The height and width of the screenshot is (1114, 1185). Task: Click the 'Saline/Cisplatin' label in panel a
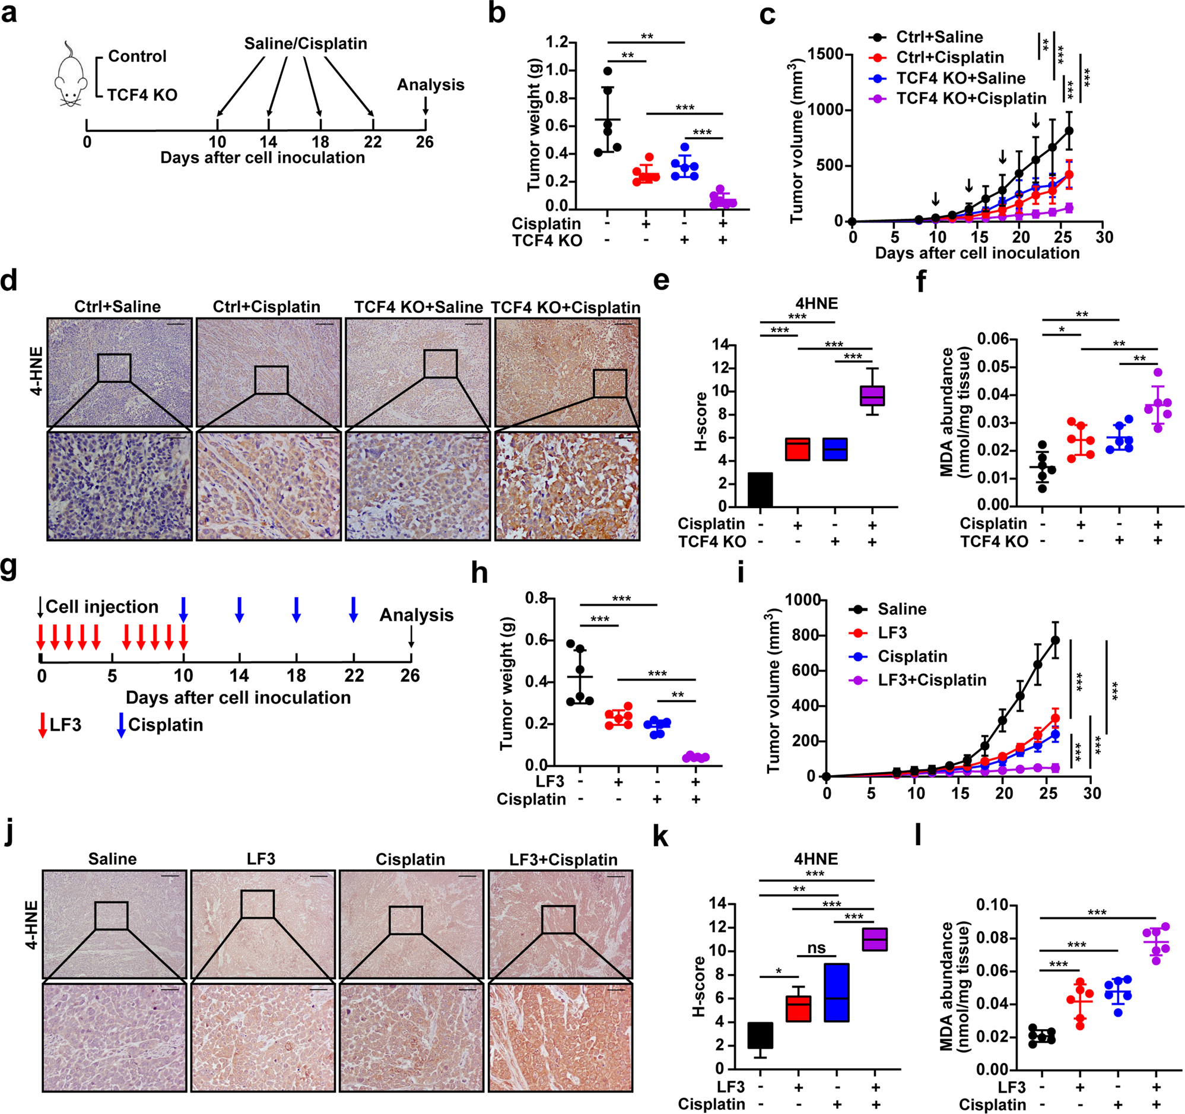[x=305, y=43]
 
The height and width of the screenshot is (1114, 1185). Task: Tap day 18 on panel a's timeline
[x=320, y=142]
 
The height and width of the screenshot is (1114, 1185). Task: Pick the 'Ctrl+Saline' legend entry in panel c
[x=939, y=37]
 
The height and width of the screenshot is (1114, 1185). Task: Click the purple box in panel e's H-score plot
[x=872, y=396]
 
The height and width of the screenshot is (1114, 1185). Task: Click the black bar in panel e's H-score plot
[x=760, y=490]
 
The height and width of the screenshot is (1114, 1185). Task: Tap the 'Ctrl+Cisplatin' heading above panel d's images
[x=266, y=306]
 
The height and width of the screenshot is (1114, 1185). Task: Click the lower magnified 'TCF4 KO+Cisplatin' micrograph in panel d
[x=567, y=486]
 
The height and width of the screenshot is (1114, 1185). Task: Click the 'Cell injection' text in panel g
[x=102, y=607]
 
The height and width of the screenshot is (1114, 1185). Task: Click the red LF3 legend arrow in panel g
[x=42, y=725]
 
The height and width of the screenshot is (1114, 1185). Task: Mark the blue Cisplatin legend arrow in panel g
[x=121, y=725]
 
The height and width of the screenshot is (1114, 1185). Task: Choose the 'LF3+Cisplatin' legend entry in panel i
[x=931, y=680]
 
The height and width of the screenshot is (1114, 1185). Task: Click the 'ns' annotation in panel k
[x=816, y=948]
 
